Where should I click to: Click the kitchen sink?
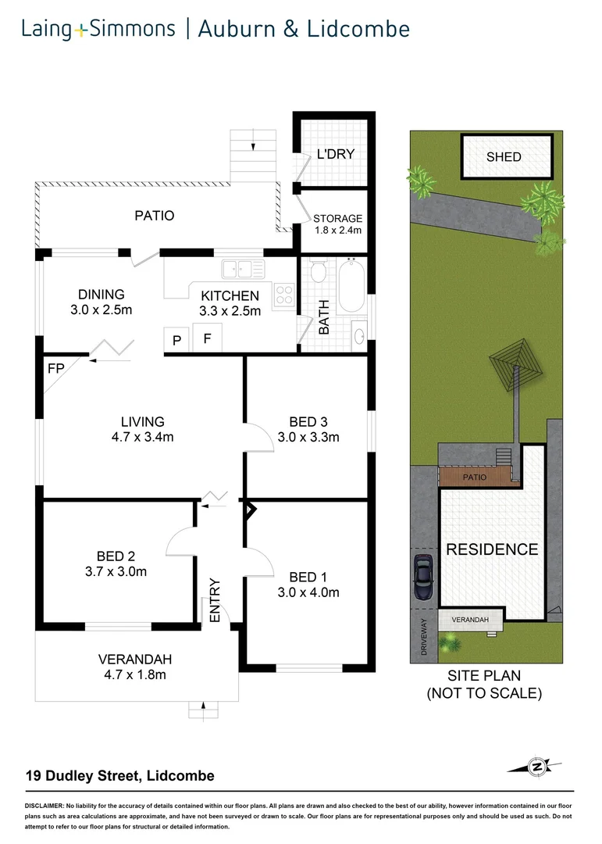(243, 270)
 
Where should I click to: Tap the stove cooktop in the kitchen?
(284, 295)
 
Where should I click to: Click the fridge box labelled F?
(207, 338)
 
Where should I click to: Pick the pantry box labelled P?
(176, 339)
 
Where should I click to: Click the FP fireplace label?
(55, 367)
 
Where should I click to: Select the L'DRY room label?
(336, 154)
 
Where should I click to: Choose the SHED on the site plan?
(504, 156)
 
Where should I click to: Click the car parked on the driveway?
(424, 578)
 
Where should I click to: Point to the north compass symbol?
(536, 767)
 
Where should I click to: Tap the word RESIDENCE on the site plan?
(492, 549)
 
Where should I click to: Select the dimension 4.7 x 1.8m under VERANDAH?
(135, 674)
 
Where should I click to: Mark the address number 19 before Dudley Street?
(33, 776)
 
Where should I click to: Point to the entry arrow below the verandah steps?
(204, 706)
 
